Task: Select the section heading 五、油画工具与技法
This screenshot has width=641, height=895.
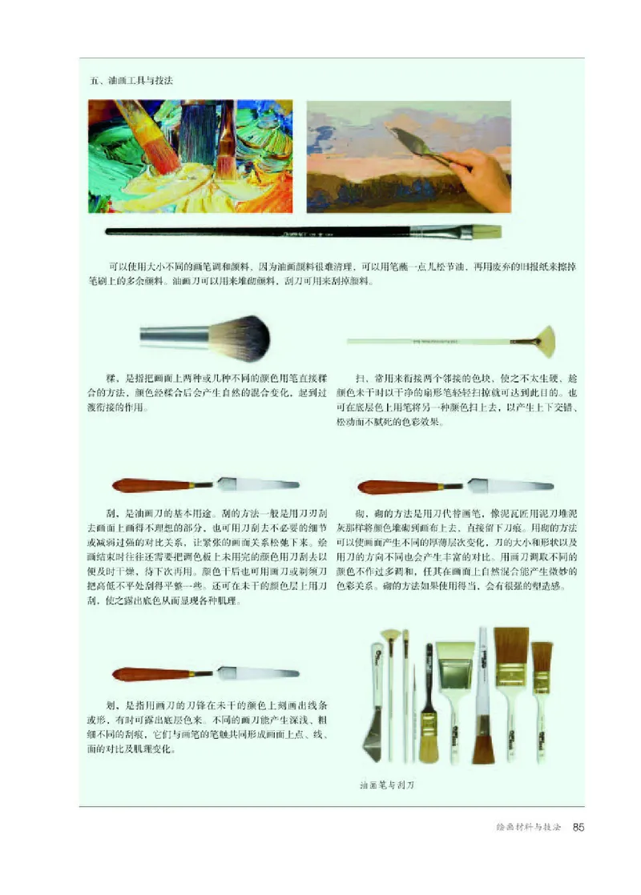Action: pyautogui.click(x=132, y=81)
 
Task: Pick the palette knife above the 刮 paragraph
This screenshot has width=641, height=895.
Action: pyautogui.click(x=206, y=484)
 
